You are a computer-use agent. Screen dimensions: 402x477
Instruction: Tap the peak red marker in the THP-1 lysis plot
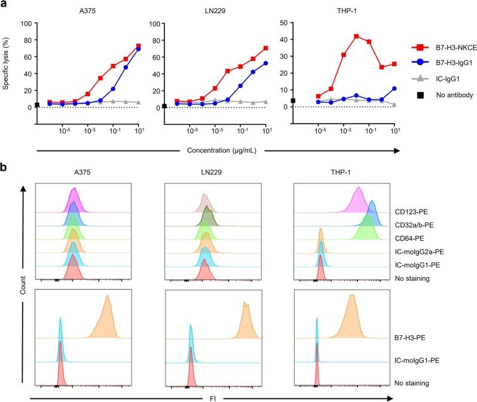coord(356,37)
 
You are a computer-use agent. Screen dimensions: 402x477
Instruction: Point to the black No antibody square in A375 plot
coord(37,105)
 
